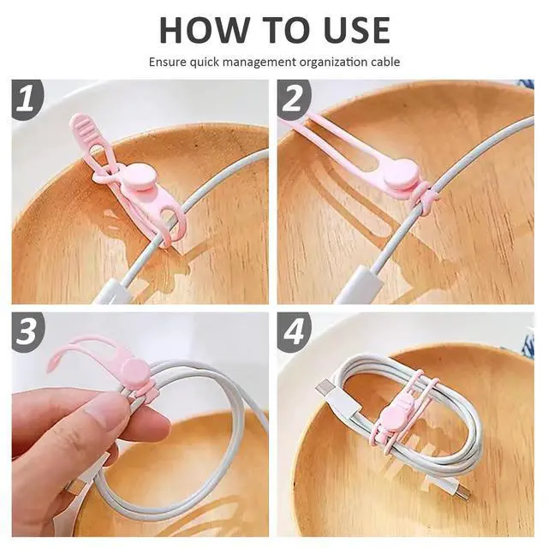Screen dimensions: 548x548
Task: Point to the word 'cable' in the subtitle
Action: (384, 62)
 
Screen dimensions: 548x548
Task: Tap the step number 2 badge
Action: (293, 98)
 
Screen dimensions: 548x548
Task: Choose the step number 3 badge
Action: (27, 331)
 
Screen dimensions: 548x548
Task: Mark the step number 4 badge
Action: (294, 331)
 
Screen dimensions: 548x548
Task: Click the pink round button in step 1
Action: (135, 177)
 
